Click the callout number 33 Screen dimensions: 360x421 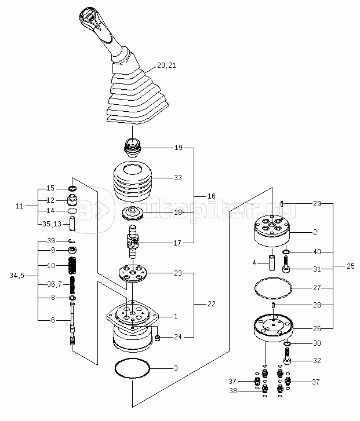coord(178,177)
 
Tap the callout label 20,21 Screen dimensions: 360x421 coord(166,65)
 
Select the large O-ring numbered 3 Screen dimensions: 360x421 coord(132,368)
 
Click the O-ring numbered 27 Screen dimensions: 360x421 coord(273,288)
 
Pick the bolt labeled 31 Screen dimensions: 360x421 coord(286,264)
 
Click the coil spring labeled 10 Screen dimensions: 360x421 coord(72,266)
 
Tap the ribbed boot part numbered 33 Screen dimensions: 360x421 coord(133,181)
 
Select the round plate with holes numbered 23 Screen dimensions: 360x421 coord(133,273)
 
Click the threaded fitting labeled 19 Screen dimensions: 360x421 coord(132,148)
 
